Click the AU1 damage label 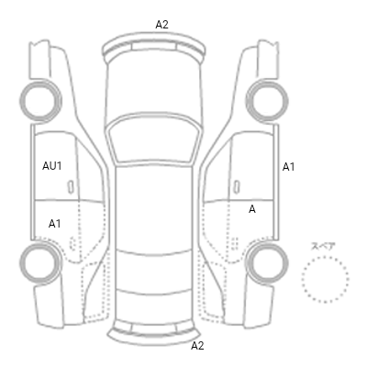point(52,166)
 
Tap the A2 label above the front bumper point(161,25)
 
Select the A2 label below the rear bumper point(197,346)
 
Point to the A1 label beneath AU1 point(54,224)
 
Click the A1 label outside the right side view point(288,167)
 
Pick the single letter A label point(252,209)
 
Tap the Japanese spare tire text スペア point(323,247)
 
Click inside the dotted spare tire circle point(325,279)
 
